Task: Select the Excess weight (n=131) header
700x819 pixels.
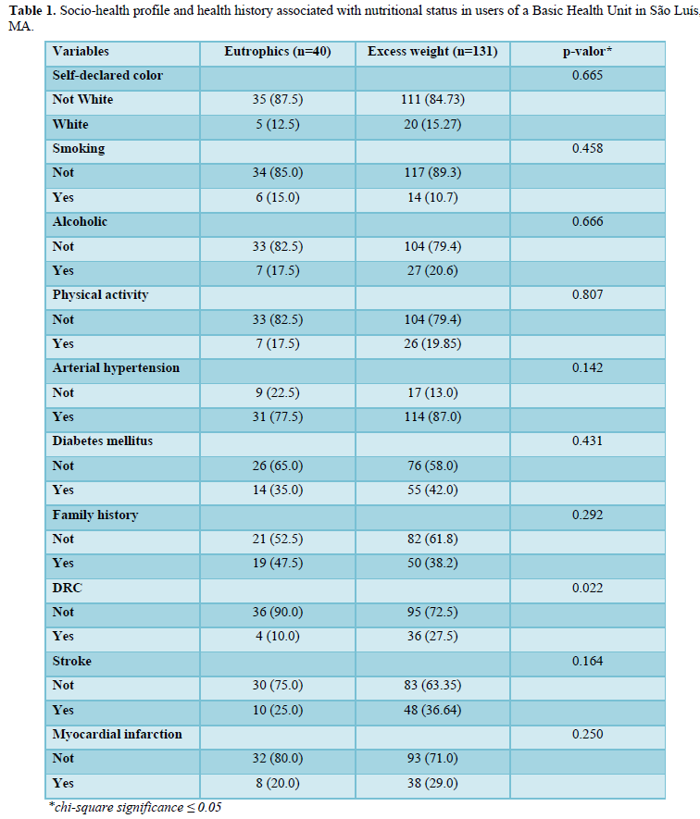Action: tap(432, 51)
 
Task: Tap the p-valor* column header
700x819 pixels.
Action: tap(587, 51)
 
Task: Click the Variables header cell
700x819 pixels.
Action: tap(81, 51)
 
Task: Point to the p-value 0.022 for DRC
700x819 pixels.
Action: tap(587, 588)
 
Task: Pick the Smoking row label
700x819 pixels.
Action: tap(79, 148)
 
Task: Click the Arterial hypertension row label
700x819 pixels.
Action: tap(116, 367)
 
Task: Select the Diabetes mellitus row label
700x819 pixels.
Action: tap(102, 441)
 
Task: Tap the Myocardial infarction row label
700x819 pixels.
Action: tap(117, 734)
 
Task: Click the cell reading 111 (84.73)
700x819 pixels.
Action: tap(432, 99)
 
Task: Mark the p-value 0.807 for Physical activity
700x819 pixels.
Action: tap(587, 294)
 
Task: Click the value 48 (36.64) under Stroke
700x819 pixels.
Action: tap(432, 710)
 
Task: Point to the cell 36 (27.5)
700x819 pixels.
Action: tap(432, 636)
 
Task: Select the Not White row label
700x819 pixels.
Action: tap(82, 99)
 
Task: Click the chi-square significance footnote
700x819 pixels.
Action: tap(135, 807)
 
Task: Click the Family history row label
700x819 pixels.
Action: tap(96, 515)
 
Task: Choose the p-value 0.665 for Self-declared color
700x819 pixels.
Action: tap(587, 75)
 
